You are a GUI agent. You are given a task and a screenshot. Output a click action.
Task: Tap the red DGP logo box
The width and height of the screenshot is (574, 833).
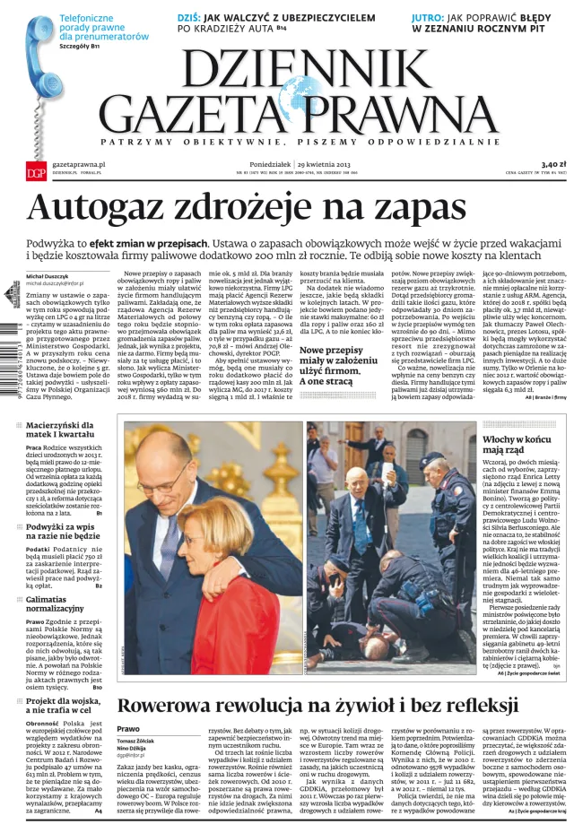[x=35, y=172]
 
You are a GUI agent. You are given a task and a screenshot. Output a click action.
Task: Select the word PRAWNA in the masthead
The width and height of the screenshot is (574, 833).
[x=406, y=117]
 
